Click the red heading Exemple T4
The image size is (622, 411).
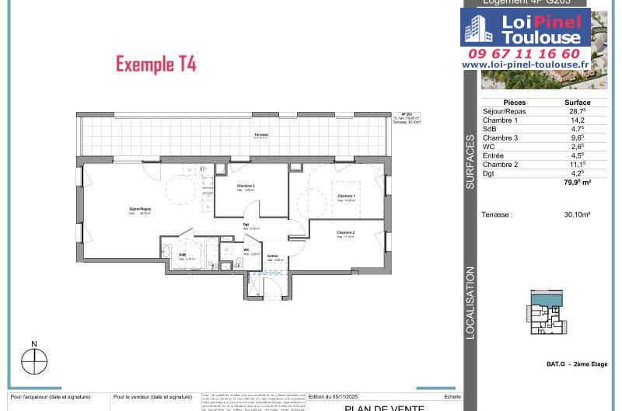pyautogui.click(x=155, y=64)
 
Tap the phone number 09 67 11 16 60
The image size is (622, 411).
pyautogui.click(x=525, y=54)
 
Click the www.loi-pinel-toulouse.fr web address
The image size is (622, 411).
pyautogui.click(x=525, y=65)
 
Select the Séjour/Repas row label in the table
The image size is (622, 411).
pyautogui.click(x=504, y=112)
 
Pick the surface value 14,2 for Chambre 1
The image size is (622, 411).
pyautogui.click(x=577, y=120)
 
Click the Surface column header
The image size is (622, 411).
pyautogui.click(x=577, y=103)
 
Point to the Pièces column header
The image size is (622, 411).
pyautogui.click(x=514, y=103)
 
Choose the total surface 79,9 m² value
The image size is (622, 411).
pyautogui.click(x=577, y=183)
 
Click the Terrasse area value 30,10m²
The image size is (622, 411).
pyautogui.click(x=577, y=214)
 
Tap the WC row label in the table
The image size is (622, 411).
pyautogui.click(x=489, y=147)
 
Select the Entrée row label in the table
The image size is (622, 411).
pyautogui.click(x=494, y=155)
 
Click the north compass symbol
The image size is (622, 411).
pyautogui.click(x=34, y=360)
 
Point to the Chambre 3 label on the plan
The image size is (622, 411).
pyautogui.click(x=246, y=186)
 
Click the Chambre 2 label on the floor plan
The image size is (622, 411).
pyautogui.click(x=346, y=233)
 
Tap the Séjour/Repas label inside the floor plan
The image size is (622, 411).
pyautogui.click(x=140, y=210)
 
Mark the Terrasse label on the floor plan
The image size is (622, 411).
pyautogui.click(x=261, y=136)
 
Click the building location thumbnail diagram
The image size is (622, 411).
pyautogui.click(x=548, y=312)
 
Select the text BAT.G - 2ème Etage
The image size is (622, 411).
pyautogui.click(x=577, y=364)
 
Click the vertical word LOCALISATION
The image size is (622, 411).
pyautogui.click(x=470, y=303)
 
